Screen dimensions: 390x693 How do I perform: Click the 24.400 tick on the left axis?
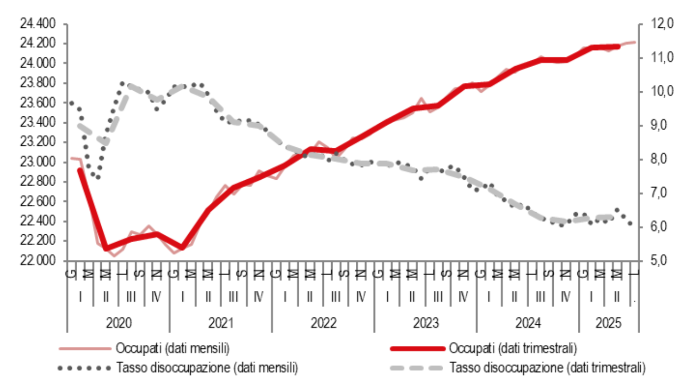pyautogui.click(x=37, y=23)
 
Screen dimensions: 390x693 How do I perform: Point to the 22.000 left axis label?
pyautogui.click(x=37, y=260)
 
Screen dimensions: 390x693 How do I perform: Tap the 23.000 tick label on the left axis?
pyautogui.click(x=37, y=161)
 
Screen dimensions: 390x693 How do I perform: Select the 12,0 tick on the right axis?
pyautogui.click(x=662, y=23)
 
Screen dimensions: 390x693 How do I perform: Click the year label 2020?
pyautogui.click(x=118, y=322)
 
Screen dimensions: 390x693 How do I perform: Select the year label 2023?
pyautogui.click(x=426, y=322)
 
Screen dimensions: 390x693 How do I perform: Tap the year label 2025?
pyautogui.click(x=608, y=322)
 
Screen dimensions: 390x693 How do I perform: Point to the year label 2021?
pyautogui.click(x=221, y=322)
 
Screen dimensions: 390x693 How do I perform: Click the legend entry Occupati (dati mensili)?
pyautogui.click(x=172, y=348)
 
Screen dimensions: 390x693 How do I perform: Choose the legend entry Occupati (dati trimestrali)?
pyautogui.click(x=513, y=348)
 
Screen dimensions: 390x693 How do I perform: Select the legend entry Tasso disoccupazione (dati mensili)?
pyautogui.click(x=207, y=368)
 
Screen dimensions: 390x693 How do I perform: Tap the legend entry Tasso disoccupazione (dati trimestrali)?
pyautogui.click(x=547, y=368)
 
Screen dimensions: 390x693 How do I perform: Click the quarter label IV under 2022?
pyautogui.click(x=361, y=296)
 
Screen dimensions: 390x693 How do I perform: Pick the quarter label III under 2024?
pyautogui.click(x=540, y=296)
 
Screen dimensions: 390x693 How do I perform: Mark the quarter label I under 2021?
pyautogui.click(x=183, y=296)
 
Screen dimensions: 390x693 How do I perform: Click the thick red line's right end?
pyautogui.click(x=618, y=46)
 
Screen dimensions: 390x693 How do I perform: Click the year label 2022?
pyautogui.click(x=323, y=322)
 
